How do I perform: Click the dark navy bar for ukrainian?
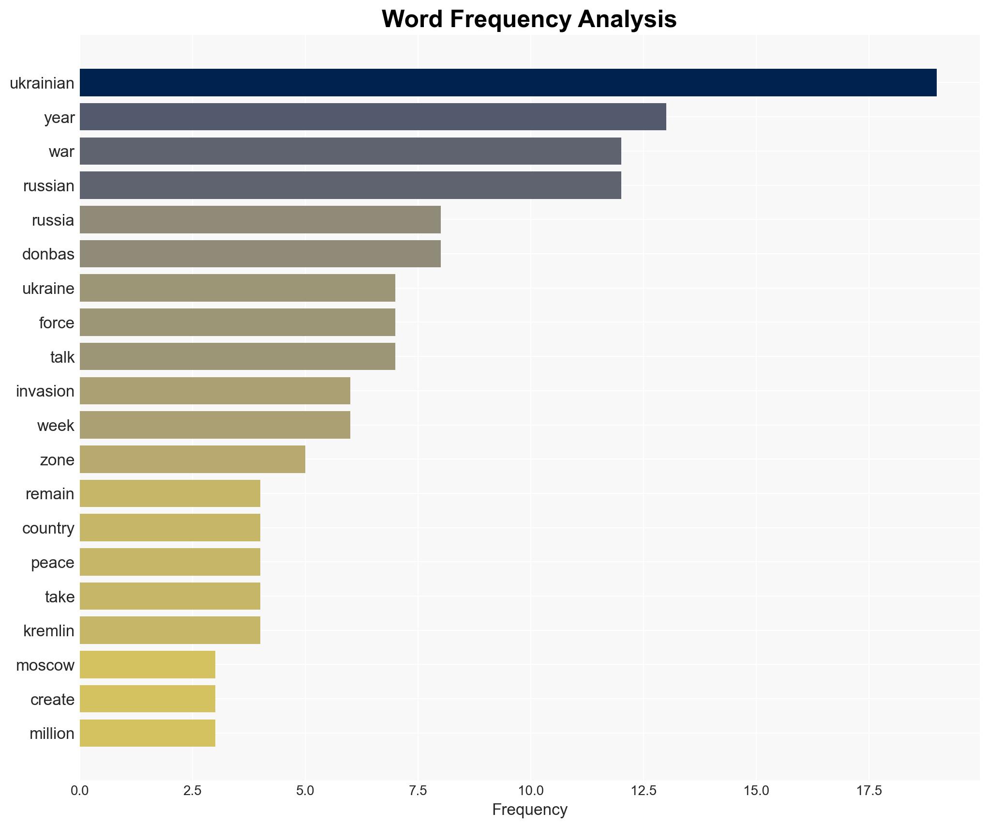[x=508, y=82]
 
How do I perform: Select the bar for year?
[x=373, y=117]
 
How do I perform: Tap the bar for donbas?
[x=260, y=254]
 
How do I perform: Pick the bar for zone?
[x=192, y=459]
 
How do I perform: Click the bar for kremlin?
[x=170, y=630]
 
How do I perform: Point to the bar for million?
[x=147, y=733]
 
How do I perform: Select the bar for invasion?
[x=215, y=391]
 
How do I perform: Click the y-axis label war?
[x=61, y=152]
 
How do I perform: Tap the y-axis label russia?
[x=53, y=220]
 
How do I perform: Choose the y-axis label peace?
[x=53, y=563]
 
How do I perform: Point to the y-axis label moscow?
[x=45, y=665]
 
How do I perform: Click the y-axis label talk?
[x=62, y=357]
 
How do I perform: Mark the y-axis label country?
[x=48, y=528]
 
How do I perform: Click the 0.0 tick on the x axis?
[x=80, y=791]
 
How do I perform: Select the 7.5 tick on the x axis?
[x=418, y=791]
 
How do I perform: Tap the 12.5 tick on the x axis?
[x=644, y=791]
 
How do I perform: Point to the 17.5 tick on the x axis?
[x=869, y=791]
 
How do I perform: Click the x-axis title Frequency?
[x=529, y=810]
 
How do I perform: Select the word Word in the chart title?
[x=413, y=19]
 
